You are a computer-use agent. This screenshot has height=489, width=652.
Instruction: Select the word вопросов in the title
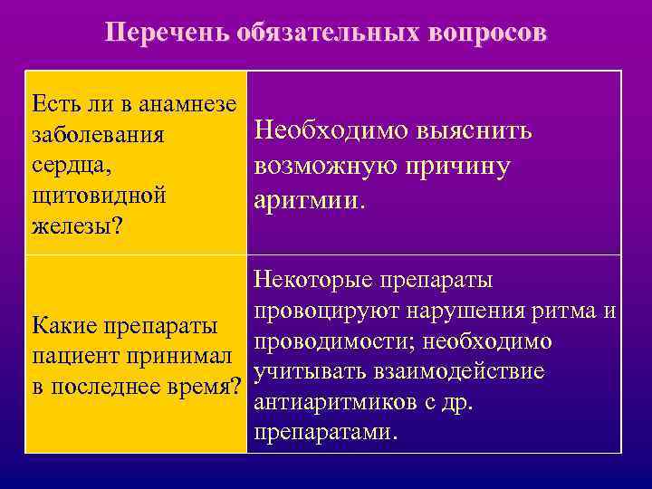pos(485,34)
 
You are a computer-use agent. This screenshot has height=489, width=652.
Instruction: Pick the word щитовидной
pos(98,194)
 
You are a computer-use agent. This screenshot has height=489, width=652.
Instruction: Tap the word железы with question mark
pos(77,224)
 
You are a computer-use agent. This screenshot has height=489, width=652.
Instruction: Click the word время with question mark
pos(205,384)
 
